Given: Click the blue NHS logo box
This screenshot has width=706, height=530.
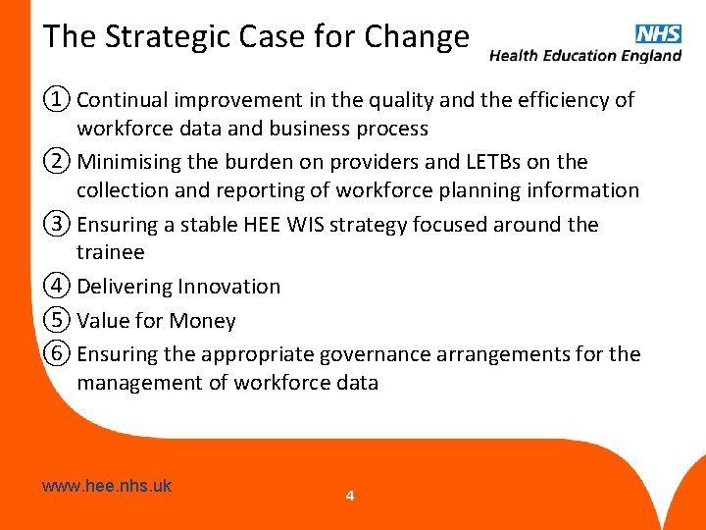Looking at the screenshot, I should coord(659,33).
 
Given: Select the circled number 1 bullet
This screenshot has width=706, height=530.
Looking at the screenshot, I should coord(57,99).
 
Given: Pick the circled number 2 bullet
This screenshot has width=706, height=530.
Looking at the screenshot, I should coord(57,161).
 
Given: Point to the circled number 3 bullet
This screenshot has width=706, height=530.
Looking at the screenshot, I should coord(57,224).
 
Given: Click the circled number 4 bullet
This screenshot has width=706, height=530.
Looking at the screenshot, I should coord(57,287).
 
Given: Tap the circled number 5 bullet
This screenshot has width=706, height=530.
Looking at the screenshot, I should coord(57,320).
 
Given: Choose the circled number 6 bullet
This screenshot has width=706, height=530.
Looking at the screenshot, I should coord(57,353).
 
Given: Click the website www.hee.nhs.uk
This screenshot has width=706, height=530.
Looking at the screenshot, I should coord(107,485).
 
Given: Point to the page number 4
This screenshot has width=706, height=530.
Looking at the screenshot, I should coord(350,496).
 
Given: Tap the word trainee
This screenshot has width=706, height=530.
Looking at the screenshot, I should coord(110,252).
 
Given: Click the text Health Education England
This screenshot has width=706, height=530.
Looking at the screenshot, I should coord(585,56).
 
